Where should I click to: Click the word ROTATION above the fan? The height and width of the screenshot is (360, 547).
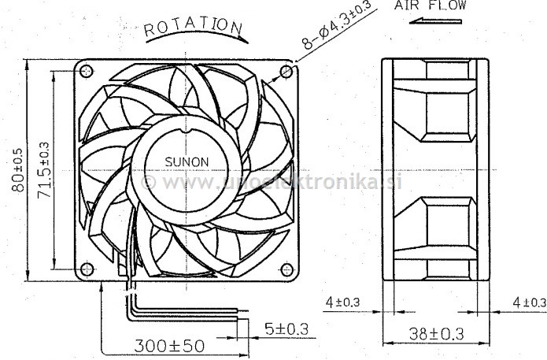(192, 27)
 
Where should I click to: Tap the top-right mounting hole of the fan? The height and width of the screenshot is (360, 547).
(286, 72)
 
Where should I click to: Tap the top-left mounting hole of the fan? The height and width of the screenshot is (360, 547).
(87, 72)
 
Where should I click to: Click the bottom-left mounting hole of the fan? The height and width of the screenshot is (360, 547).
(87, 269)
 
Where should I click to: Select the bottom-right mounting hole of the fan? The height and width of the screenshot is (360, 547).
(286, 269)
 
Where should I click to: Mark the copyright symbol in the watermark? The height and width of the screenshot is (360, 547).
(147, 182)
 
